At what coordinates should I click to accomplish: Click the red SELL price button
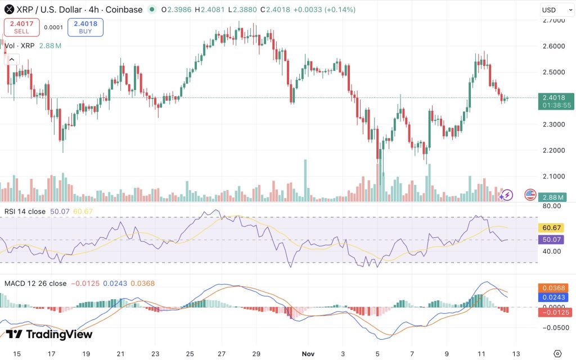pos(21,27)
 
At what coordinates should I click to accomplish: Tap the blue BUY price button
pos(85,27)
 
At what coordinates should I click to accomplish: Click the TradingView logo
pos(49,334)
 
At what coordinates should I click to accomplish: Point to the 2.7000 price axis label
pos(554,20)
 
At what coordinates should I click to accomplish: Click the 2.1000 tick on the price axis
pos(554,177)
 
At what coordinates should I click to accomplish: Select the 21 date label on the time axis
pos(120,353)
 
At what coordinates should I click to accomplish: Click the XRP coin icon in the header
pos(8,10)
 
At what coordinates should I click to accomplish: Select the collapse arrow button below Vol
pos(12,60)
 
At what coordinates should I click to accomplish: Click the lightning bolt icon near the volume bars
pos(507,195)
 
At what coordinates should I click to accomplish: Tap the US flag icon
pos(529,195)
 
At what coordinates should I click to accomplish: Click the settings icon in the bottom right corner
pos(557,353)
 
